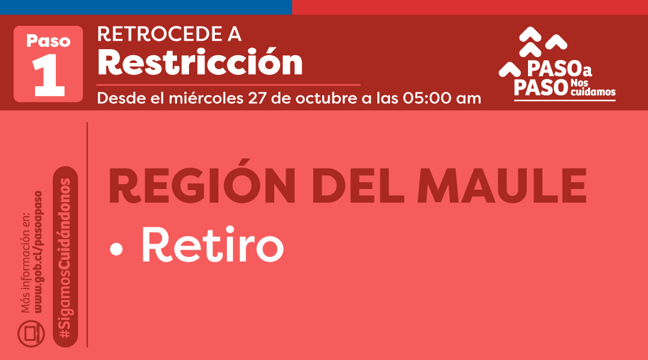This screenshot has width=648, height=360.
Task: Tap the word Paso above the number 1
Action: point(48,41)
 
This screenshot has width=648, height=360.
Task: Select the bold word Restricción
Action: point(200,62)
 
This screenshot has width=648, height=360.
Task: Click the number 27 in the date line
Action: point(257,98)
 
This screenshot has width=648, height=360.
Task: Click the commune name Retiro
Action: point(212,246)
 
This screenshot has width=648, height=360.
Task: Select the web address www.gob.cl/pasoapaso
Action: point(38,252)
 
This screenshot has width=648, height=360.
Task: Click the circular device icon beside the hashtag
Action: point(31,334)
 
